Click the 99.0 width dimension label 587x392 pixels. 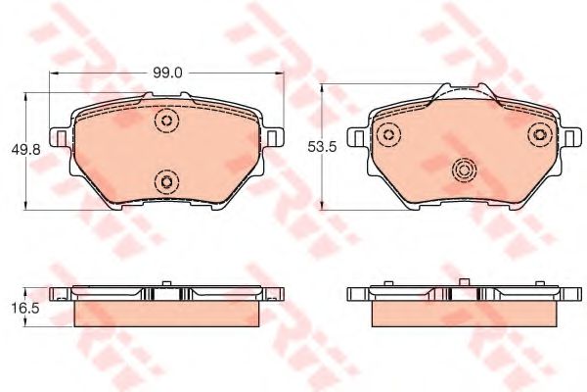pos(167,73)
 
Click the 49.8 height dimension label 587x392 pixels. pos(25,150)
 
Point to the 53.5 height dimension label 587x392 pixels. pos(322,147)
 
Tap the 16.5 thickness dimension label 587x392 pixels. pos(25,309)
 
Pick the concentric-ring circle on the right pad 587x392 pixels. pos(464,171)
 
